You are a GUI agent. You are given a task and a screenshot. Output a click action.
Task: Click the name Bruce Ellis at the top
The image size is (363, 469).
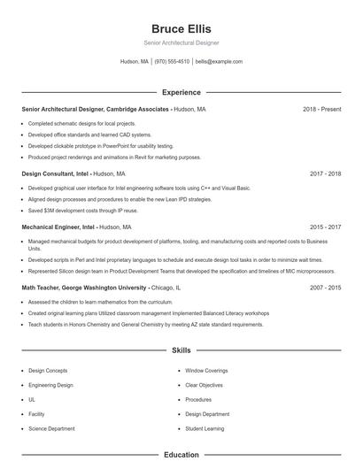click(181, 29)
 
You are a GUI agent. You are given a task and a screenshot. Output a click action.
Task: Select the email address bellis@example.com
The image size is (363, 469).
click(219, 62)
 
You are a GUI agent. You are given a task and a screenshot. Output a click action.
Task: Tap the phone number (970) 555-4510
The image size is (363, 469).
click(172, 62)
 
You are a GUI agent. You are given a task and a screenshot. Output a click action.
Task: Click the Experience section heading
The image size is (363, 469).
click(181, 92)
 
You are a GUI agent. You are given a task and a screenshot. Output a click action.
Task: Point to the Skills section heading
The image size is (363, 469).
click(181, 350)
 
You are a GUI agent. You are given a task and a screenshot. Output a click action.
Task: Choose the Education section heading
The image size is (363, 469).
click(181, 455)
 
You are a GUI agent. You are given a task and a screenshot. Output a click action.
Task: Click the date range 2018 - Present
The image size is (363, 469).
click(321, 109)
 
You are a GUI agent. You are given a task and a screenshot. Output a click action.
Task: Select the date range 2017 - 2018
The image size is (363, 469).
click(325, 174)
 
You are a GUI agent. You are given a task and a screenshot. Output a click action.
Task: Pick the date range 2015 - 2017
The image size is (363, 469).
click(325, 227)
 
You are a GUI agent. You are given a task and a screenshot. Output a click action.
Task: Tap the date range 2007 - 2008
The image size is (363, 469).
click(325, 288)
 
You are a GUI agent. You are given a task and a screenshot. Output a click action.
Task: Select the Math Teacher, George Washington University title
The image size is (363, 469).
click(84, 288)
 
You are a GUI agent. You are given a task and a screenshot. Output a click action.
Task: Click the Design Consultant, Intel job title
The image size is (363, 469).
click(55, 174)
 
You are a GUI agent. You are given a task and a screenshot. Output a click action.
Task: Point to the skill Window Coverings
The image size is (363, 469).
click(206, 371)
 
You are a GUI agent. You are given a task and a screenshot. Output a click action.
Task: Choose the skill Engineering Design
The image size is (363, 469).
click(50, 386)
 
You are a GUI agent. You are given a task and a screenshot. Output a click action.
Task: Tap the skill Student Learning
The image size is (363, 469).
click(205, 428)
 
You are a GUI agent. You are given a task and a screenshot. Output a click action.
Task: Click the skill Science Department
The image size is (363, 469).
click(51, 428)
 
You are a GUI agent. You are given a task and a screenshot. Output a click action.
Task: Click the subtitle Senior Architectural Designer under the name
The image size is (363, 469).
click(181, 42)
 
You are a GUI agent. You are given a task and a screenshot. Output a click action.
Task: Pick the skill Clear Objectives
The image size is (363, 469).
click(205, 386)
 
